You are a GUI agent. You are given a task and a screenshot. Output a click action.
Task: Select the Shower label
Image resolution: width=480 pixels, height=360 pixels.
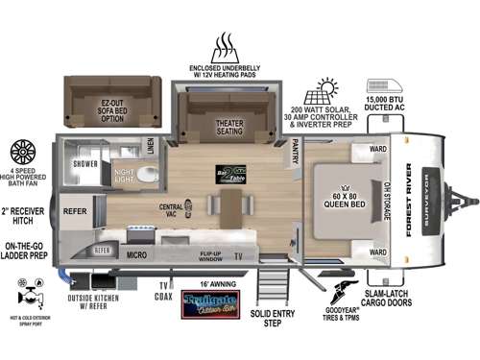point(86,163)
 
